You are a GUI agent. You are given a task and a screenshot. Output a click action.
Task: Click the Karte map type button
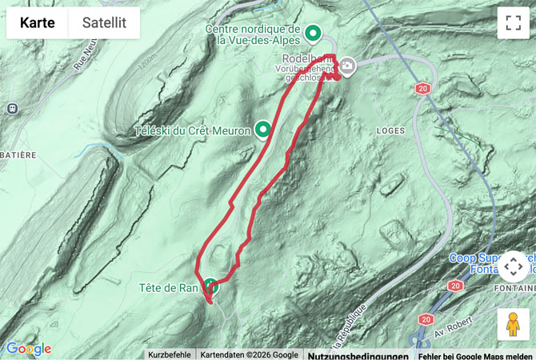point(37,23)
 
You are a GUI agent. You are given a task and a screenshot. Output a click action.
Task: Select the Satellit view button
point(104,23)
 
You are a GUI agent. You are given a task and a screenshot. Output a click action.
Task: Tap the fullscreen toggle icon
point(513,23)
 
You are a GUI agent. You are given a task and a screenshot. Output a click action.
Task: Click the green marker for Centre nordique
point(314,34)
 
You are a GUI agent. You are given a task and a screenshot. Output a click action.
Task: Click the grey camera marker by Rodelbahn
point(348,67)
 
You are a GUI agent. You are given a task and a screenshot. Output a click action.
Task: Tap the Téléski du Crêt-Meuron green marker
point(262,130)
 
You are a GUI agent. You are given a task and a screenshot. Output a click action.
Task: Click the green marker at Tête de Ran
point(210,286)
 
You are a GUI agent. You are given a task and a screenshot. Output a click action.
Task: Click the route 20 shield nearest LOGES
point(422,89)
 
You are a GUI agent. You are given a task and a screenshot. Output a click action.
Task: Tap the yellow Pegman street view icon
point(513,324)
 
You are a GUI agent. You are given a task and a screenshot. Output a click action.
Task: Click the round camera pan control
point(513,266)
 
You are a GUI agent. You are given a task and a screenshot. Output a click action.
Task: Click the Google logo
point(29,349)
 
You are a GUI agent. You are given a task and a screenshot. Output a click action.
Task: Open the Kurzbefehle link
point(170,354)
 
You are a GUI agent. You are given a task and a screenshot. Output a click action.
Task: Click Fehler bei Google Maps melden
point(475,354)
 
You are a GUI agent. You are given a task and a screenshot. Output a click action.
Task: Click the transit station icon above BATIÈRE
point(12,108)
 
